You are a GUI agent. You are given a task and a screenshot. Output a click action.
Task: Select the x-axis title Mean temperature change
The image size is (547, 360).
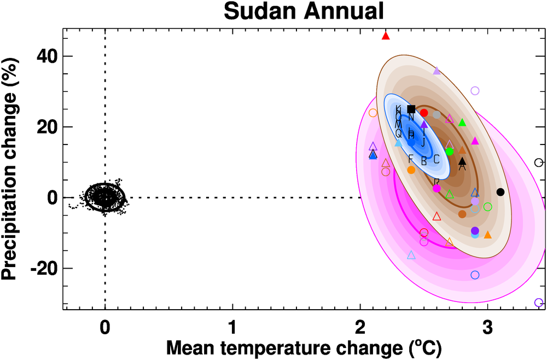point(303,347)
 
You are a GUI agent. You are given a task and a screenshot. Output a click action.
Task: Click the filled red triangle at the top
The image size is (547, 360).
point(386,36)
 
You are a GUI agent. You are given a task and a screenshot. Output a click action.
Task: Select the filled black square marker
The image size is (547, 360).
point(411,109)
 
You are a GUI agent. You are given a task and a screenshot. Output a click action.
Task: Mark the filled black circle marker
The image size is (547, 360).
point(500,192)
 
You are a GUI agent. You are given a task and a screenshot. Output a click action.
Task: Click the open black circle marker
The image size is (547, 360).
point(538,162)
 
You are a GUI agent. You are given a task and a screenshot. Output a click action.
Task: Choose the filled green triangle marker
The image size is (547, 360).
point(462,123)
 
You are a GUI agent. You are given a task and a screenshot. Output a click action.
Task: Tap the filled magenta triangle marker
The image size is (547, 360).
point(475,141)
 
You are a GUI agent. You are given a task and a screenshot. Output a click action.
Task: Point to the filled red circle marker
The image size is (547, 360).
point(424,113)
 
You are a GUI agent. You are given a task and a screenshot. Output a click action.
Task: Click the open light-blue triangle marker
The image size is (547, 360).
point(411,255)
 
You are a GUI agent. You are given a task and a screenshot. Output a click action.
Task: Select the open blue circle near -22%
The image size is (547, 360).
point(475,275)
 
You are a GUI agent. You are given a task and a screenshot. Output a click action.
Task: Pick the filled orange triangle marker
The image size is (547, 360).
point(487,235)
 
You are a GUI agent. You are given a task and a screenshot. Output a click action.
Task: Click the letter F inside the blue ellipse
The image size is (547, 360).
point(411,158)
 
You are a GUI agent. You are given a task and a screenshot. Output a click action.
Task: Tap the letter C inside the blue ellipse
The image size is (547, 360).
point(437,160)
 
